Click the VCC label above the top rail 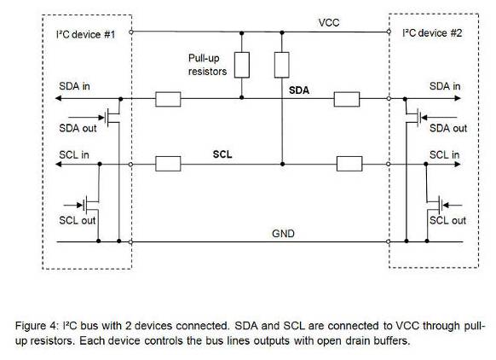(x=329, y=23)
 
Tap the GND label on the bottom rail (x=283, y=234)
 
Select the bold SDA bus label (x=299, y=90)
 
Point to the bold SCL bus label (x=222, y=154)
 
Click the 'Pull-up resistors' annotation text (x=207, y=65)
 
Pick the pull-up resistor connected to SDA (x=242, y=65)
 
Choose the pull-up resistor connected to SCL (x=281, y=65)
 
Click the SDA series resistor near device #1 (x=168, y=99)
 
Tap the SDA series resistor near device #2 (x=347, y=99)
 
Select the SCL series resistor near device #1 (x=168, y=164)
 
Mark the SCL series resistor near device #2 (x=349, y=164)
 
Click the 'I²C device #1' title (x=85, y=34)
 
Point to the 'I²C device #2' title (x=432, y=33)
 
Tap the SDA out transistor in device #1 (x=113, y=118)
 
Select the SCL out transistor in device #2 (x=435, y=206)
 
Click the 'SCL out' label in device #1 (x=78, y=220)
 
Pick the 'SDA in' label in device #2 (x=445, y=86)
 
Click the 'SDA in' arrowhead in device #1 (x=59, y=98)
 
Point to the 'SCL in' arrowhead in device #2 (x=458, y=165)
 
